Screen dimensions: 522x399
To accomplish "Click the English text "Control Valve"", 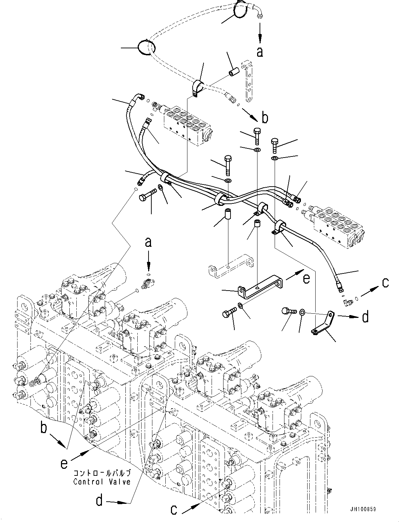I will (102, 481).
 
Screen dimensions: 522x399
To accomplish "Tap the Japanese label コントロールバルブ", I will (102, 473).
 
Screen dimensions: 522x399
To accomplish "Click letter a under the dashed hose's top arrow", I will (260, 52).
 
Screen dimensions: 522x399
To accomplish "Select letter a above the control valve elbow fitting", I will (149, 242).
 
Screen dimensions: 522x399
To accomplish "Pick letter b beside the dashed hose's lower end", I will (265, 118).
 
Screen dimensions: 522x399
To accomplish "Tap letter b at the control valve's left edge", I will (44, 428).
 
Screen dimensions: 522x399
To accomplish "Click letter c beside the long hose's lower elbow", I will (385, 282).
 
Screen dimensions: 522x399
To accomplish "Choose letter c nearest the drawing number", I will (174, 509).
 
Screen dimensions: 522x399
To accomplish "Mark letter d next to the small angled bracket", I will (365, 317).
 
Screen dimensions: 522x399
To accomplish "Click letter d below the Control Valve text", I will (99, 501).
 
